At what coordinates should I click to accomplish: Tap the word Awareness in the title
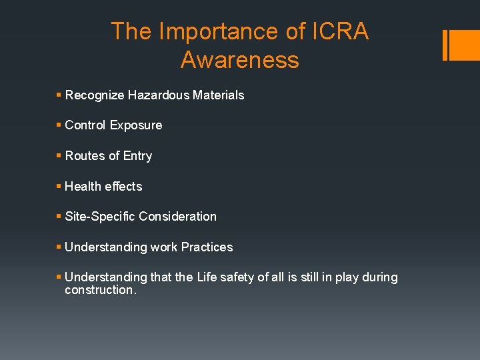tap(239, 60)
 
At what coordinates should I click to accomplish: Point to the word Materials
tap(218, 95)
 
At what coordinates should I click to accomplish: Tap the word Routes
tap(85, 156)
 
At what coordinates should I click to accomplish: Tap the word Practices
tap(207, 247)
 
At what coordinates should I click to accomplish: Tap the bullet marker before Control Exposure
tap(59, 125)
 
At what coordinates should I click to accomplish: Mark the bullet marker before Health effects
tap(59, 187)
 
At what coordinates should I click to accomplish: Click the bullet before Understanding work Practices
tap(59, 247)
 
